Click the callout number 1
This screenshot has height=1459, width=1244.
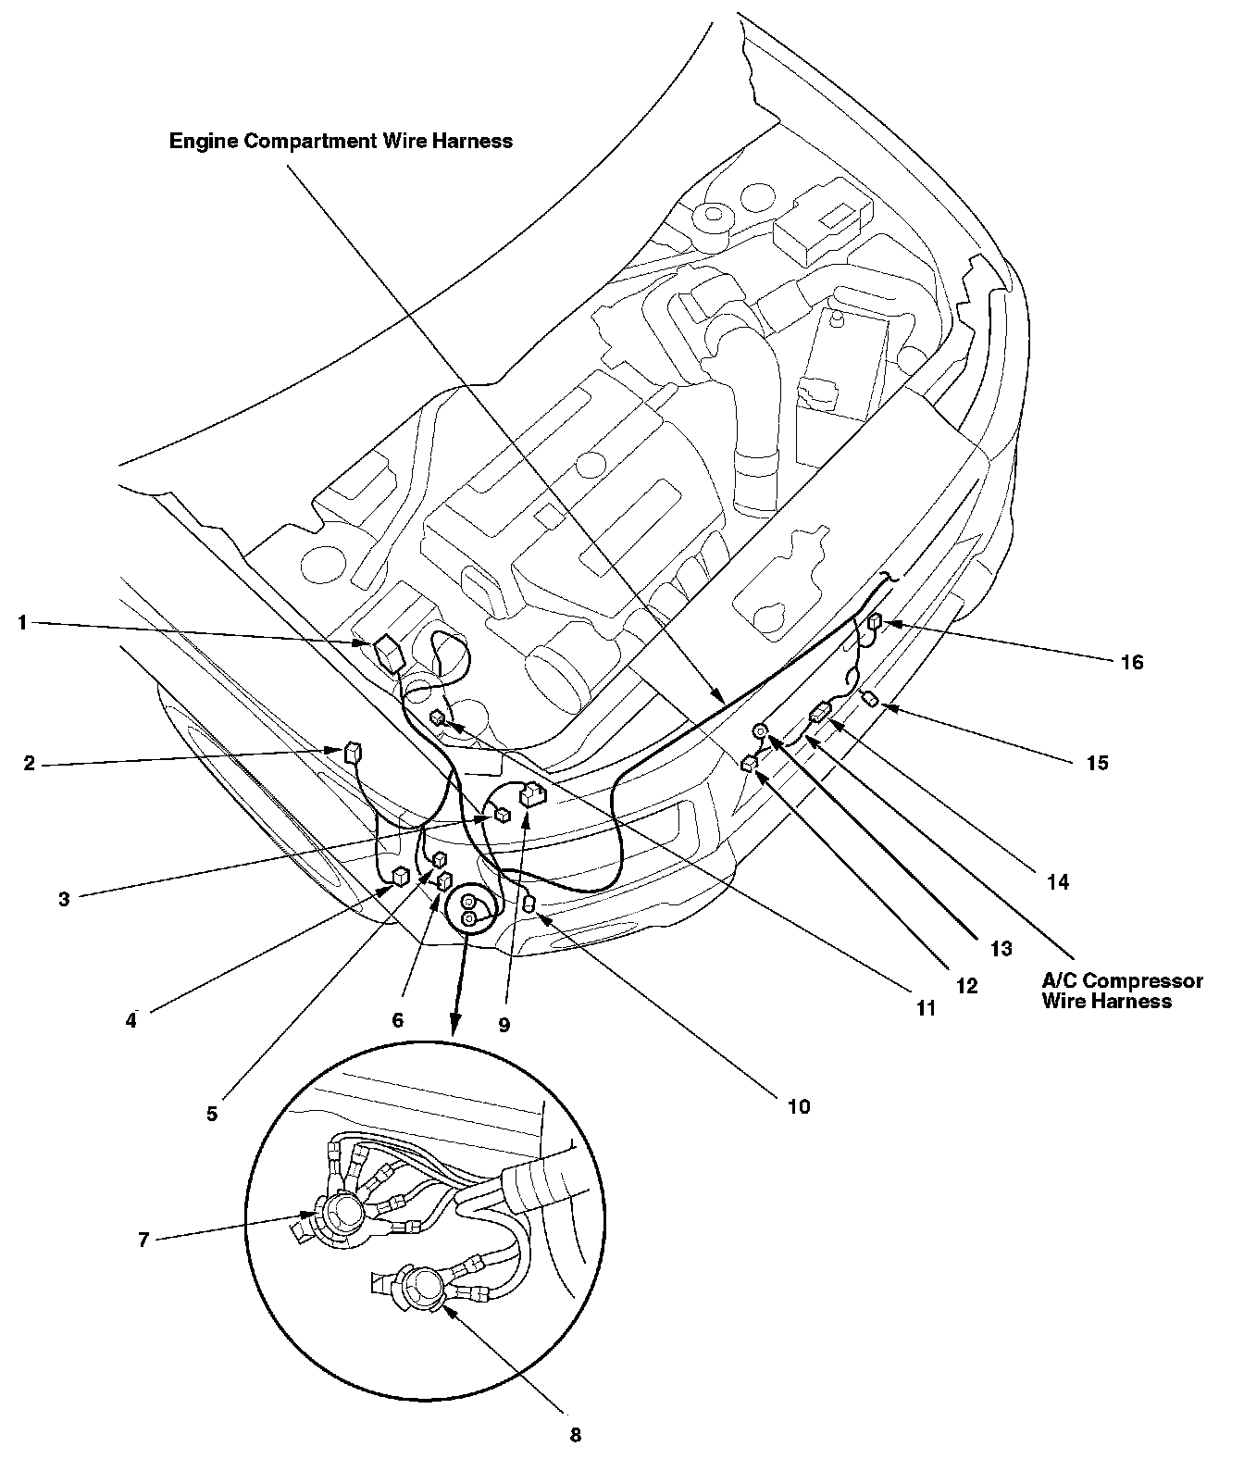pyautogui.click(x=21, y=623)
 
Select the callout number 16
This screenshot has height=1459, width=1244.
pyautogui.click(x=1131, y=663)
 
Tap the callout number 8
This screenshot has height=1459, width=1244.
pyautogui.click(x=575, y=1435)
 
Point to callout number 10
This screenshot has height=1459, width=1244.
pyautogui.click(x=798, y=1106)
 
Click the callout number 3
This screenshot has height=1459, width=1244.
pyautogui.click(x=64, y=899)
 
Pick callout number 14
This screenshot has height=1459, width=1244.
pyautogui.click(x=1057, y=882)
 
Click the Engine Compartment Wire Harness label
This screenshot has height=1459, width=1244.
pyautogui.click(x=341, y=141)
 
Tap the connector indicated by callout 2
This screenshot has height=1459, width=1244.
pyautogui.click(x=352, y=752)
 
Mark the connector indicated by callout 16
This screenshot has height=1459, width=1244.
pyautogui.click(x=877, y=623)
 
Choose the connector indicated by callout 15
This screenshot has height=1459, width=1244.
pyautogui.click(x=870, y=698)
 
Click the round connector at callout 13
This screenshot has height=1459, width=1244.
pyautogui.click(x=759, y=732)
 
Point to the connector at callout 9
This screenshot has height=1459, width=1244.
pyautogui.click(x=532, y=794)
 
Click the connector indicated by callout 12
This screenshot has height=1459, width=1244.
pyautogui.click(x=750, y=763)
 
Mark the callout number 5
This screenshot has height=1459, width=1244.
pyautogui.click(x=212, y=1115)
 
